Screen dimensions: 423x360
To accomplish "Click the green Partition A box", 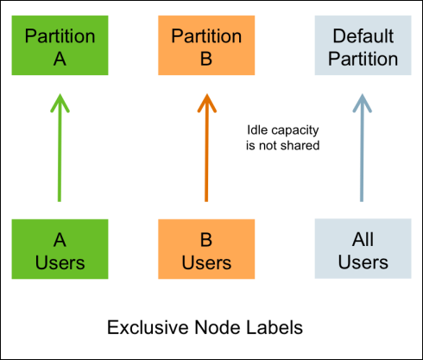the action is [60, 45].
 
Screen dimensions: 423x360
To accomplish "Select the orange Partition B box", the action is [206, 45].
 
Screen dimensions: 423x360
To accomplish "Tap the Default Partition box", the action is [363, 45].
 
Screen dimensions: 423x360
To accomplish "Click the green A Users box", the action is [60, 249].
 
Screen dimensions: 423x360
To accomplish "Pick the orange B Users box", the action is [206, 249].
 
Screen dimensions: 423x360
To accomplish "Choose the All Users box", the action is [363, 249].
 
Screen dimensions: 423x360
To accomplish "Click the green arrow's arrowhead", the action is [60, 102].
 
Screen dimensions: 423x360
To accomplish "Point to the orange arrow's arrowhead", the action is [206, 102].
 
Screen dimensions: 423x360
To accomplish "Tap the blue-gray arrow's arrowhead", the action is [363, 102].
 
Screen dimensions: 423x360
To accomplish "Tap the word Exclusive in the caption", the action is [148, 327].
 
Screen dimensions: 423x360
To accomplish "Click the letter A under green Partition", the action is [60, 59].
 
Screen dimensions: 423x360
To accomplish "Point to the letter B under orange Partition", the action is [206, 59].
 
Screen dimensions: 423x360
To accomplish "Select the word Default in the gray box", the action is [363, 36].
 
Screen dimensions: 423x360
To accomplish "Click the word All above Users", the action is [363, 239].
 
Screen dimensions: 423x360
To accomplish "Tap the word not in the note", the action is [268, 146].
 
